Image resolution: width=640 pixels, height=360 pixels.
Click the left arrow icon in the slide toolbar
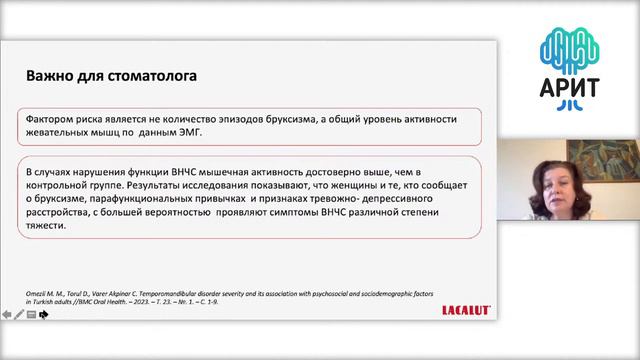pyautogui.click(x=8, y=314)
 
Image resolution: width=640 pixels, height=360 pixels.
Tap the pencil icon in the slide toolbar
pyautogui.click(x=20, y=314)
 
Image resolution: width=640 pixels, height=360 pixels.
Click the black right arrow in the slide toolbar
pyautogui.click(x=44, y=314)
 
